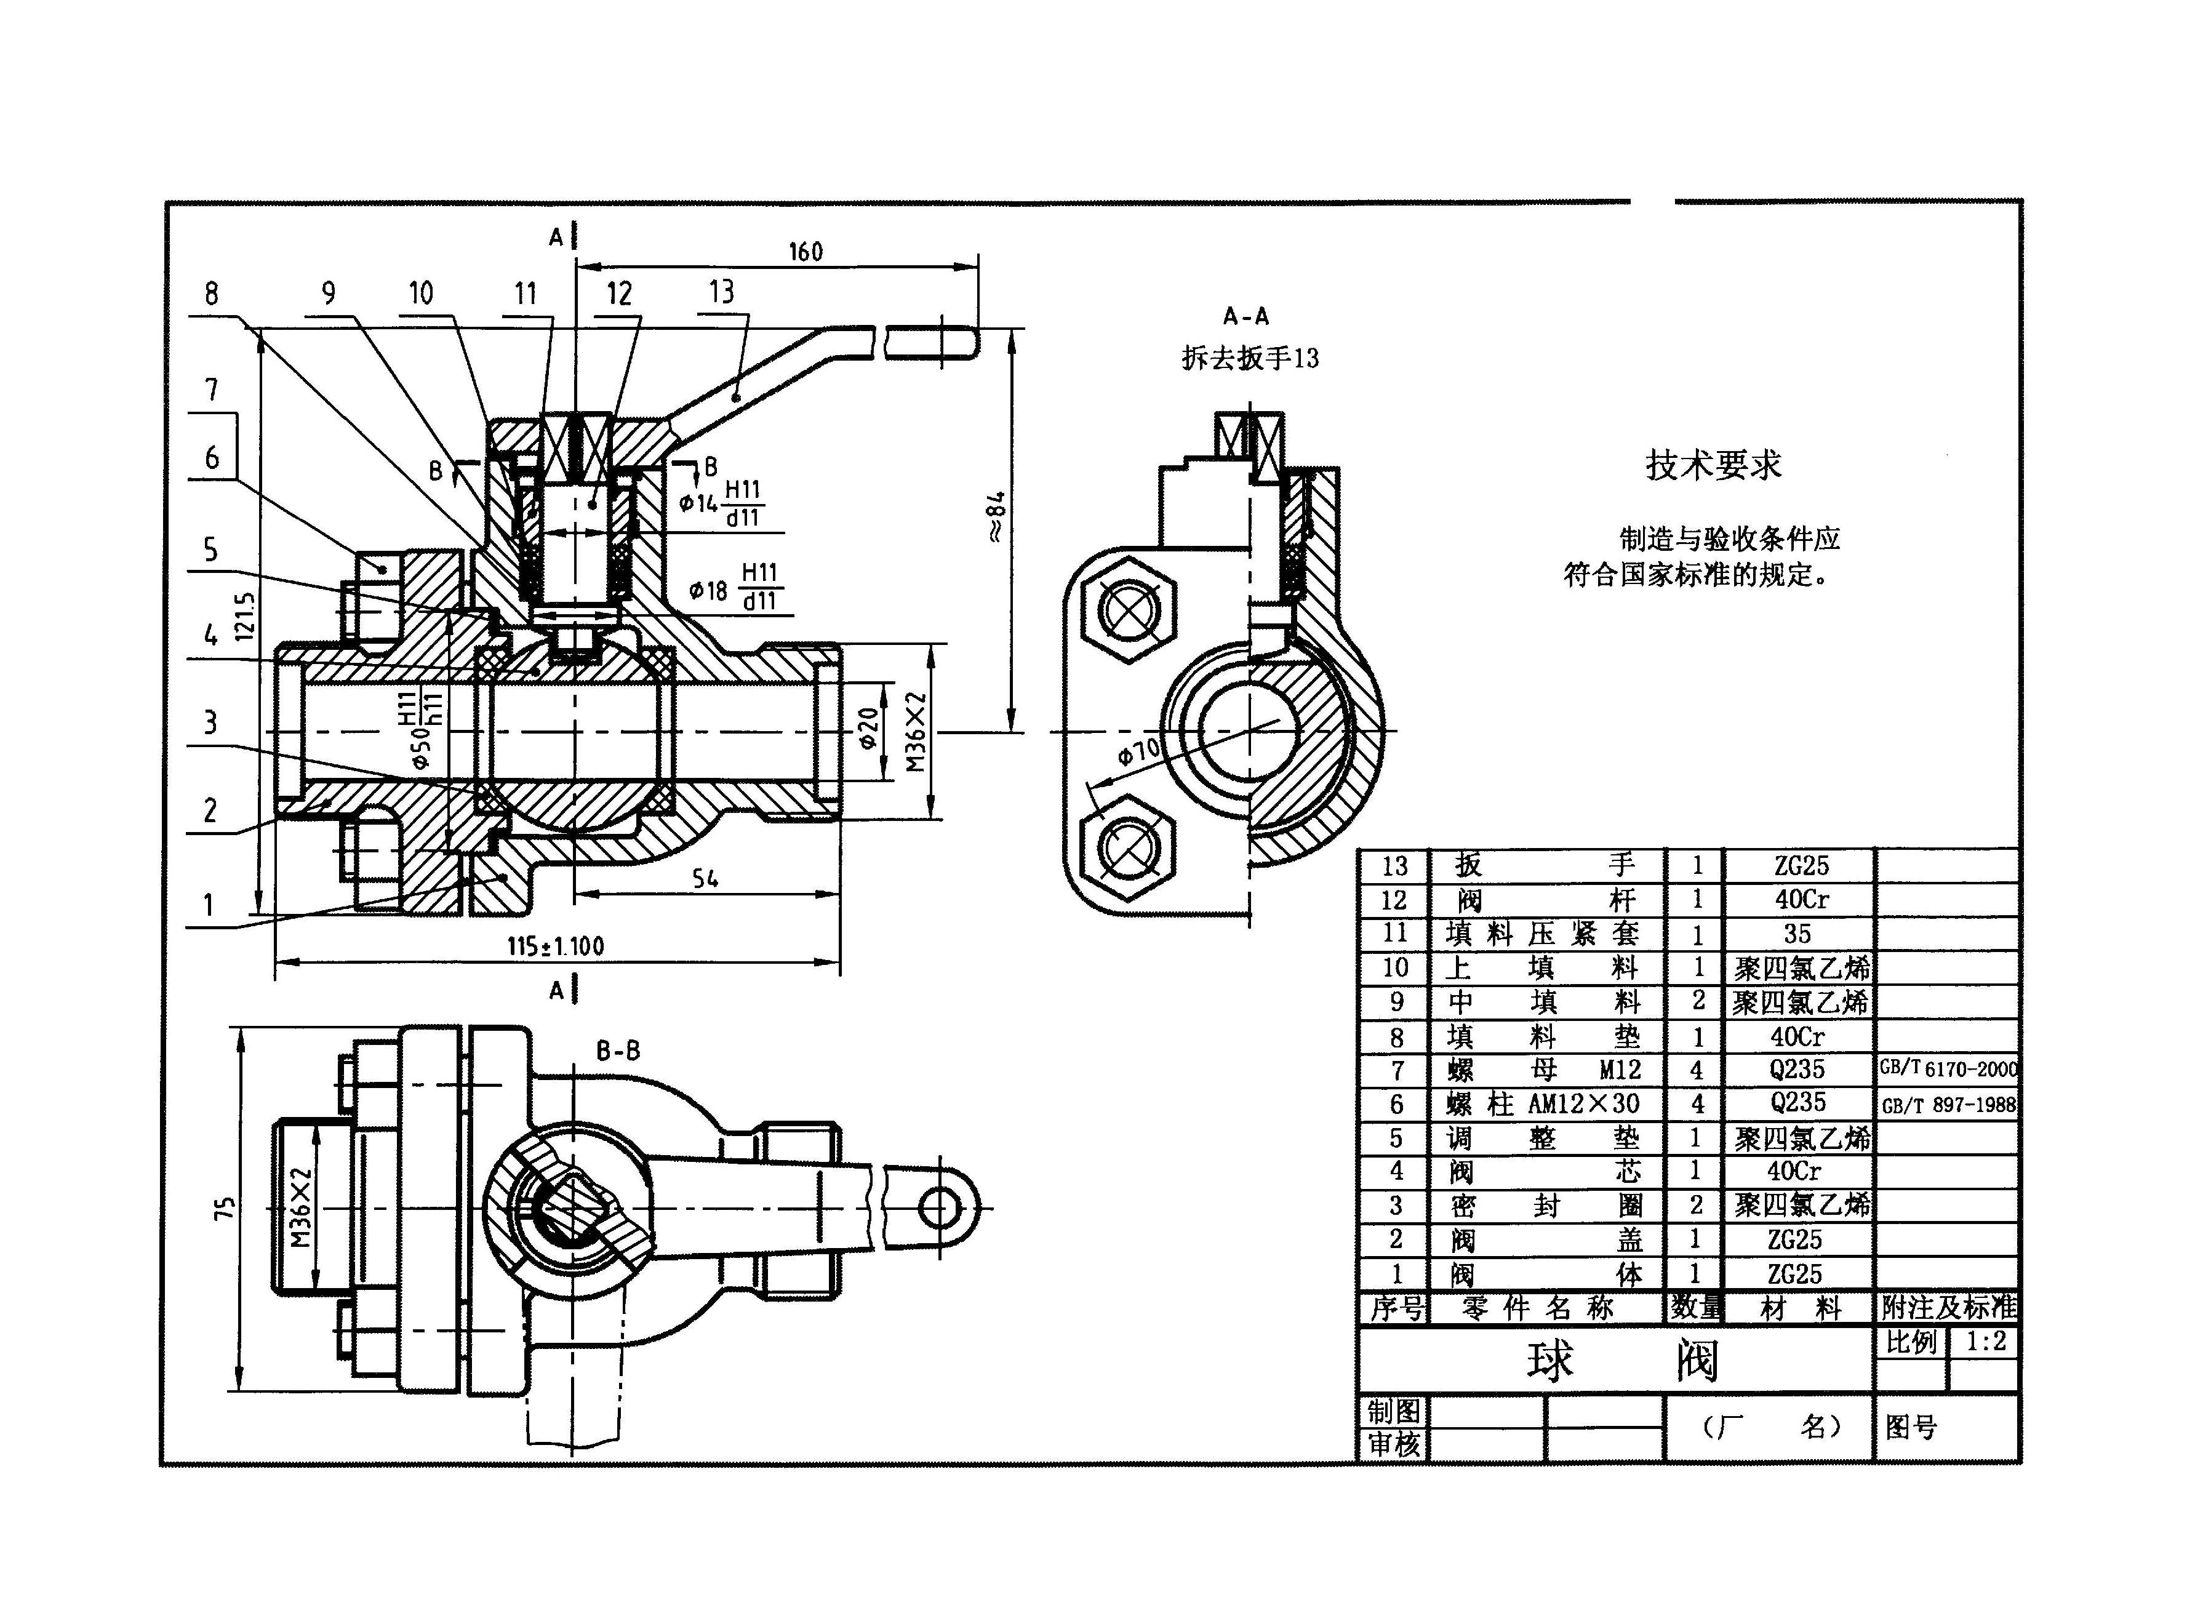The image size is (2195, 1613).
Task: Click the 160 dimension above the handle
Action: pyautogui.click(x=806, y=252)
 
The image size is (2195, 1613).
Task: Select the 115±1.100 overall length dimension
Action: pyautogui.click(x=556, y=945)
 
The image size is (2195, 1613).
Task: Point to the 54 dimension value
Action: pyautogui.click(x=705, y=879)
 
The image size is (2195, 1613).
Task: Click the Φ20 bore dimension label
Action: pyautogui.click(x=868, y=729)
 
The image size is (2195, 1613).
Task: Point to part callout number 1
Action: pyautogui.click(x=208, y=906)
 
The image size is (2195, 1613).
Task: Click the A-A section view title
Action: pyautogui.click(x=1246, y=316)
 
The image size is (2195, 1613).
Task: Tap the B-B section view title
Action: pyautogui.click(x=618, y=1051)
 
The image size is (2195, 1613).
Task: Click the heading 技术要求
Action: pyautogui.click(x=1714, y=465)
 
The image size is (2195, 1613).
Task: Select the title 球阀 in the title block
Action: pyautogui.click(x=1623, y=1361)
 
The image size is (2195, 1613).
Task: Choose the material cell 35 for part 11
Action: pyautogui.click(x=1797, y=934)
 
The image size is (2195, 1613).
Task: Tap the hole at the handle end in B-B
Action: pyautogui.click(x=937, y=1208)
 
